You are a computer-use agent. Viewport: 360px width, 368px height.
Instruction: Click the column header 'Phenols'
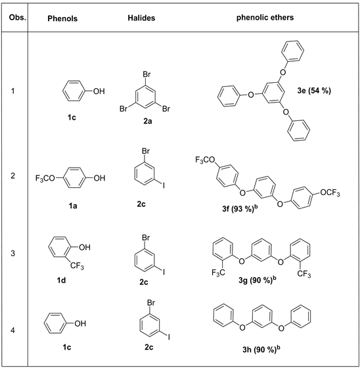63,18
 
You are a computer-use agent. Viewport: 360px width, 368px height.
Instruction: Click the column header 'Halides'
141,18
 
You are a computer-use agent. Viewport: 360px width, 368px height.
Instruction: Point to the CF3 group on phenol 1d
79,265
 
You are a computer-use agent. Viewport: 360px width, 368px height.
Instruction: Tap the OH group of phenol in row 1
98,91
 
